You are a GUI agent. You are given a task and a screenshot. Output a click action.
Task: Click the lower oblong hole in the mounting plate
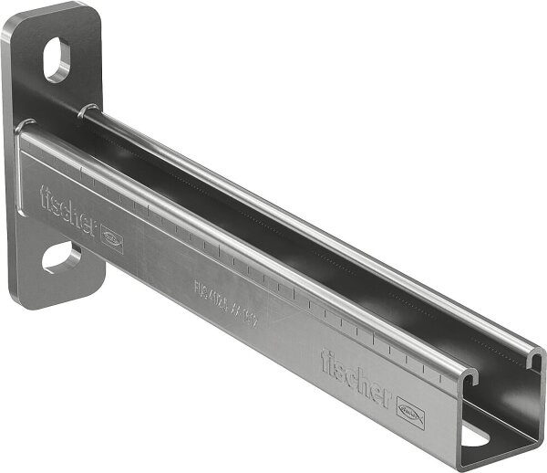tap(60, 258)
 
